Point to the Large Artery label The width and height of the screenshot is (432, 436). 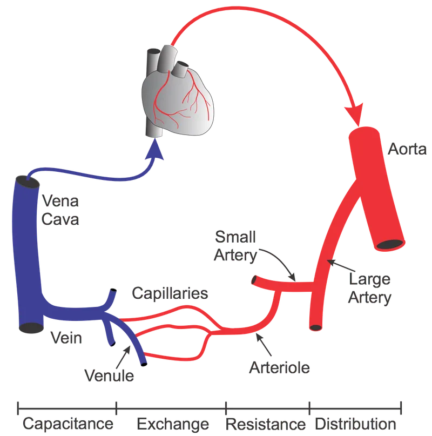coord(370,289)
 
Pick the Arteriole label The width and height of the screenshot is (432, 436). coord(279,368)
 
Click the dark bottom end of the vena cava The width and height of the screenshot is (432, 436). coord(29,327)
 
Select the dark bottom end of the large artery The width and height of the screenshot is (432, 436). coord(315,326)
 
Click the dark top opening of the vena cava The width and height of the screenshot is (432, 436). coord(26,181)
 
